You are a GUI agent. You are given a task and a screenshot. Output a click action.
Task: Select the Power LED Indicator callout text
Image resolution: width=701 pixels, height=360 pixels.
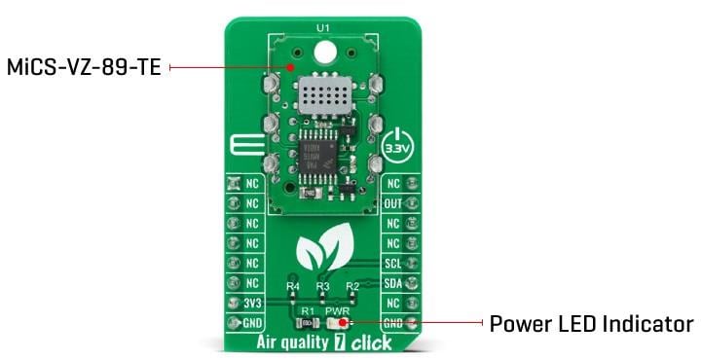tap(591, 323)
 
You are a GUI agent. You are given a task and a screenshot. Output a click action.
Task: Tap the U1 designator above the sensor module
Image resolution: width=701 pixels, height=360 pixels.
tap(323, 28)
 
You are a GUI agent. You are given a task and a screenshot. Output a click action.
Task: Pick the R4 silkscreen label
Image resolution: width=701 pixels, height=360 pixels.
tap(293, 287)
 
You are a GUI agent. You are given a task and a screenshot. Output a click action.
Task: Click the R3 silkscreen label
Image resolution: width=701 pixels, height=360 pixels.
tap(322, 287)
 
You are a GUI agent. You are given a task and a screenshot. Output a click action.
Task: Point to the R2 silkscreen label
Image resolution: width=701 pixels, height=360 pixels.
tap(351, 287)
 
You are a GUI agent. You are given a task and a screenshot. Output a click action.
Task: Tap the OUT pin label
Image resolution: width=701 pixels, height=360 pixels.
tap(392, 203)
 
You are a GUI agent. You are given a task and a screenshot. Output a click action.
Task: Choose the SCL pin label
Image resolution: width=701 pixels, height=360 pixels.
tap(392, 263)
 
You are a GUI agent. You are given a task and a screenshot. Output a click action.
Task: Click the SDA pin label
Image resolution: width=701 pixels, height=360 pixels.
tap(392, 282)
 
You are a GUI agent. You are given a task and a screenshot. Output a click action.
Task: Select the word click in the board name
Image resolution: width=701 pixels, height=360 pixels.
tap(371, 342)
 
